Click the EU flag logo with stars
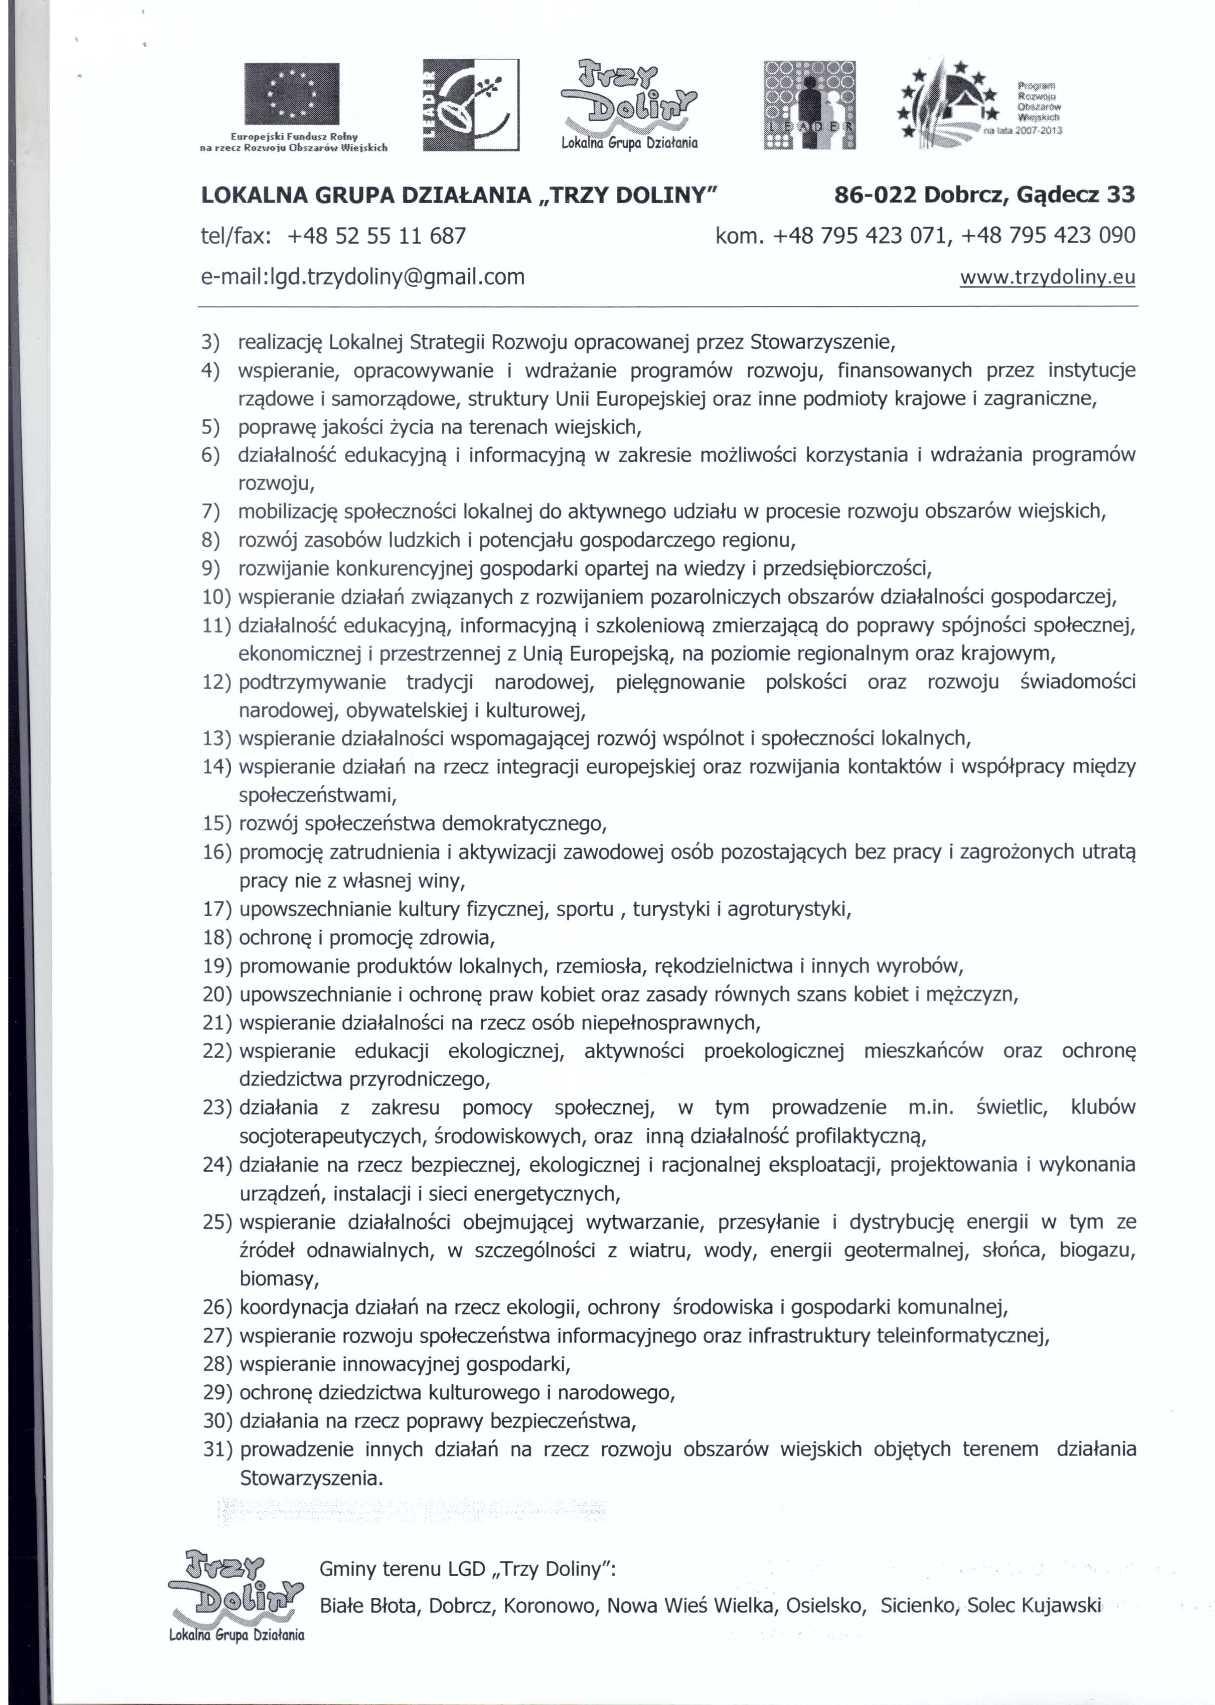pyautogui.click(x=292, y=94)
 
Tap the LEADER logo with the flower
pyautogui.click(x=470, y=105)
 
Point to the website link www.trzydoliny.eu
pyautogui.click(x=1047, y=278)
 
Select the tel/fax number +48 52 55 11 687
pyautogui.click(x=376, y=236)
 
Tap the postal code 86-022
pyautogui.click(x=875, y=195)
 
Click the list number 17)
pyautogui.click(x=218, y=909)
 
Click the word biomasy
pyautogui.click(x=278, y=1278)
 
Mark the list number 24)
pyautogui.click(x=218, y=1165)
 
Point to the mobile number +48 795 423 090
pyautogui.click(x=1048, y=236)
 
